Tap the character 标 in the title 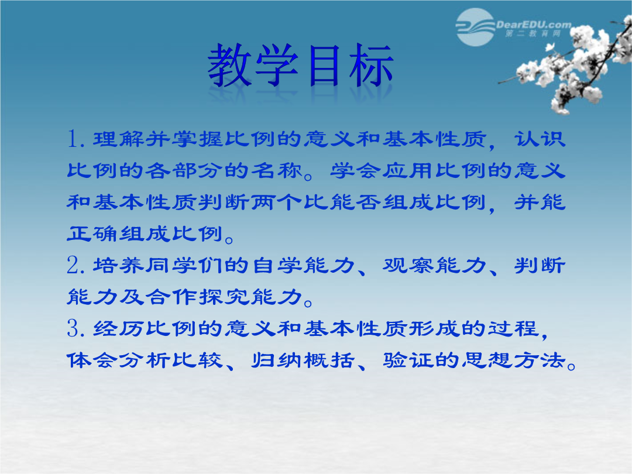point(371,66)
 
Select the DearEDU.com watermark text point(534,25)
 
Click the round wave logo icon point(475,27)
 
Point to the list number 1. point(75,139)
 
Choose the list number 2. point(75,265)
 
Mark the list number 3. point(75,328)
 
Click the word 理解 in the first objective point(118,139)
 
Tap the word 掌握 point(198,139)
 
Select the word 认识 point(540,139)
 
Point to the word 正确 point(92,233)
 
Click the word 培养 point(118,265)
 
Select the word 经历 point(118,328)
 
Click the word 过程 point(514,328)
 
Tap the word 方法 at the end point(540,360)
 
